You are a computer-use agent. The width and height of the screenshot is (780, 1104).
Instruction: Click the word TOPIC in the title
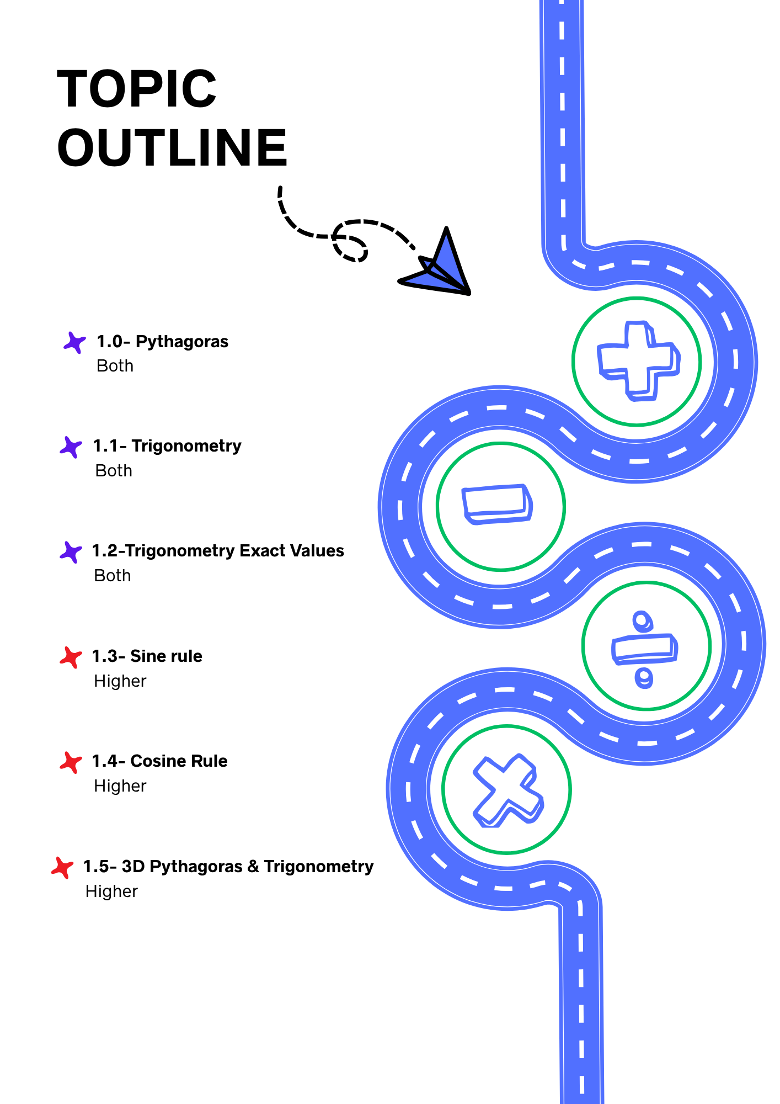click(x=137, y=89)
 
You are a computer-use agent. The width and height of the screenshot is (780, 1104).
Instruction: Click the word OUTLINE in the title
click(x=172, y=147)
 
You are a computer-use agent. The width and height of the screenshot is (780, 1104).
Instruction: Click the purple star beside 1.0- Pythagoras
click(x=74, y=342)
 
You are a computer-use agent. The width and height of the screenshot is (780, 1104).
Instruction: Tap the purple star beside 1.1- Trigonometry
click(x=71, y=447)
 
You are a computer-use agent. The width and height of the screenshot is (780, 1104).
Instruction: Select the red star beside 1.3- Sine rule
click(x=71, y=657)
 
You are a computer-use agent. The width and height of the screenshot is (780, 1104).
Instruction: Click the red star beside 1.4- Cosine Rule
click(x=71, y=762)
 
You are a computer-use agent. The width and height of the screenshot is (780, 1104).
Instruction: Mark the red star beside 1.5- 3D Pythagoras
click(x=62, y=867)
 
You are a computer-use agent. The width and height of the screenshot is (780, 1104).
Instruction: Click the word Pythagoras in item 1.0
click(x=182, y=342)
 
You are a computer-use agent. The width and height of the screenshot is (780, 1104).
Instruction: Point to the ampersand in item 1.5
click(x=253, y=867)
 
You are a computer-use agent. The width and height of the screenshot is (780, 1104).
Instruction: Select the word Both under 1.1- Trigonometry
click(x=114, y=471)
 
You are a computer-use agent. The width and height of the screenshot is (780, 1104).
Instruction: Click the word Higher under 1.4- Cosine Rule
click(x=120, y=786)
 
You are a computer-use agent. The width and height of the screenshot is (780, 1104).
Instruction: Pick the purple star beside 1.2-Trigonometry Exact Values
click(x=71, y=551)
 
